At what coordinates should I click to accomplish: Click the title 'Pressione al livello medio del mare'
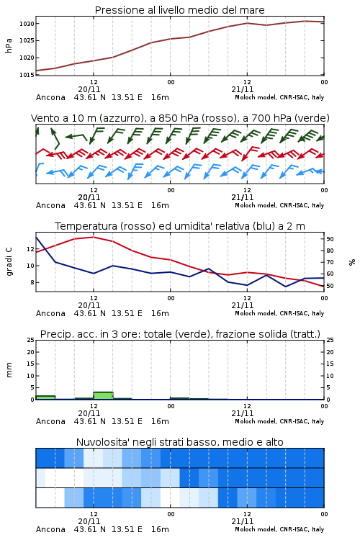click(179, 10)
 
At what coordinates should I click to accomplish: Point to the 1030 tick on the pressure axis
click(27, 24)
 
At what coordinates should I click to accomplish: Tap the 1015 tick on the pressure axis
click(27, 75)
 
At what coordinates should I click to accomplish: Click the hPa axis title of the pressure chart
click(9, 45)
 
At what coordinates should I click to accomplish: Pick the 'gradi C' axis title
click(9, 262)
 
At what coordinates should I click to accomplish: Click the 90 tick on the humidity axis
click(330, 239)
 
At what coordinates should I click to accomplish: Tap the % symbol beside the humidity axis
click(352, 262)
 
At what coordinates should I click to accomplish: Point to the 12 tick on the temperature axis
click(30, 249)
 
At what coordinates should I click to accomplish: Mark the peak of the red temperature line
click(94, 237)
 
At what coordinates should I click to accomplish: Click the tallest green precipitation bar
click(103, 396)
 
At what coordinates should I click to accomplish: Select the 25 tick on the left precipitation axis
click(31, 340)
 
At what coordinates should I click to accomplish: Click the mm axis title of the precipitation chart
click(9, 370)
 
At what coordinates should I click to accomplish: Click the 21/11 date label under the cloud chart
click(243, 521)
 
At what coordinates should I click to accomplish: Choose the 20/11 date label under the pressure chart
click(89, 89)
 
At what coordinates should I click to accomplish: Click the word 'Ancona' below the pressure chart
click(50, 97)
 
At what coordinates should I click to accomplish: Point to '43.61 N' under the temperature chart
click(89, 313)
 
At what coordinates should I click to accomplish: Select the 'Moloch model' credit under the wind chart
click(256, 206)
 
